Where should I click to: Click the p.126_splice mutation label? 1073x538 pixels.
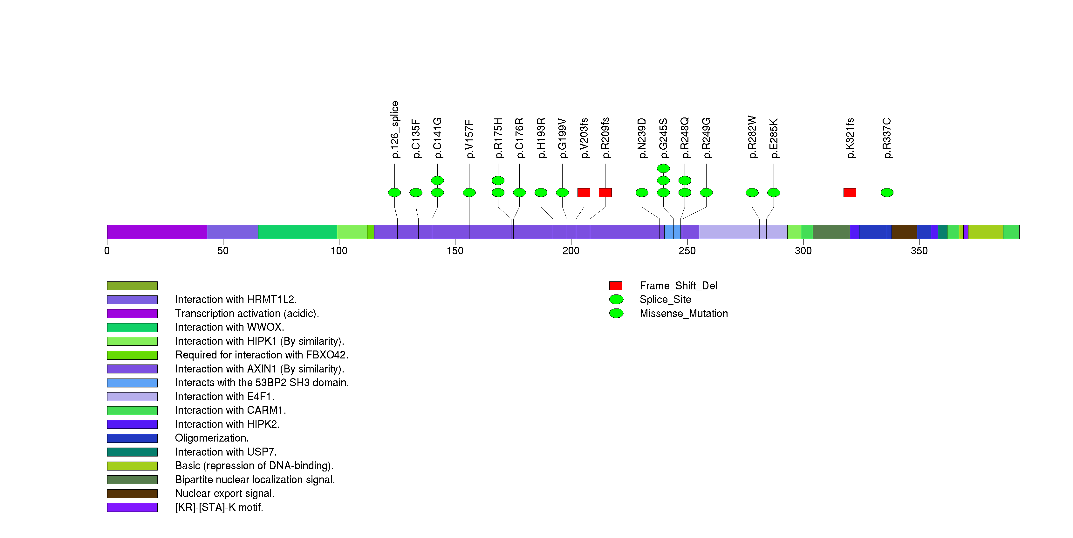click(395, 129)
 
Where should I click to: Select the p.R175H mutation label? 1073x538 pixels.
click(498, 138)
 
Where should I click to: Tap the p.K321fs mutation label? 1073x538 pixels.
click(850, 138)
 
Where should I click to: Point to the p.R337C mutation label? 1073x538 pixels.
click(887, 138)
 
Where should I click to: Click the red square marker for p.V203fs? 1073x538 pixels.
click(584, 192)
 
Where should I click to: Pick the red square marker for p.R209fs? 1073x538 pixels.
click(605, 192)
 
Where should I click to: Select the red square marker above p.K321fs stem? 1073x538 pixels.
click(850, 192)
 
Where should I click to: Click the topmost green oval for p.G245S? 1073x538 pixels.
click(663, 168)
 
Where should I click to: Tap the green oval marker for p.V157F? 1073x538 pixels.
click(469, 192)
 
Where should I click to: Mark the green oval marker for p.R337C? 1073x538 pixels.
click(887, 192)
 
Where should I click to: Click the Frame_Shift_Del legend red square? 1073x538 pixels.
click(616, 286)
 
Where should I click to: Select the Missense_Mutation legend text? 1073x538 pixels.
click(684, 314)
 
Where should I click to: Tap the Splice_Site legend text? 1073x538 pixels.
click(665, 300)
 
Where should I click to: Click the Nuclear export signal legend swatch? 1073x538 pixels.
click(132, 494)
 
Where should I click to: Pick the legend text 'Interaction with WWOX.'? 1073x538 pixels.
click(229, 327)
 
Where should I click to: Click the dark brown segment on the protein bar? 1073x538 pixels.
click(904, 232)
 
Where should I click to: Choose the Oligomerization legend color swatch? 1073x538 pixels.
click(132, 438)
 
